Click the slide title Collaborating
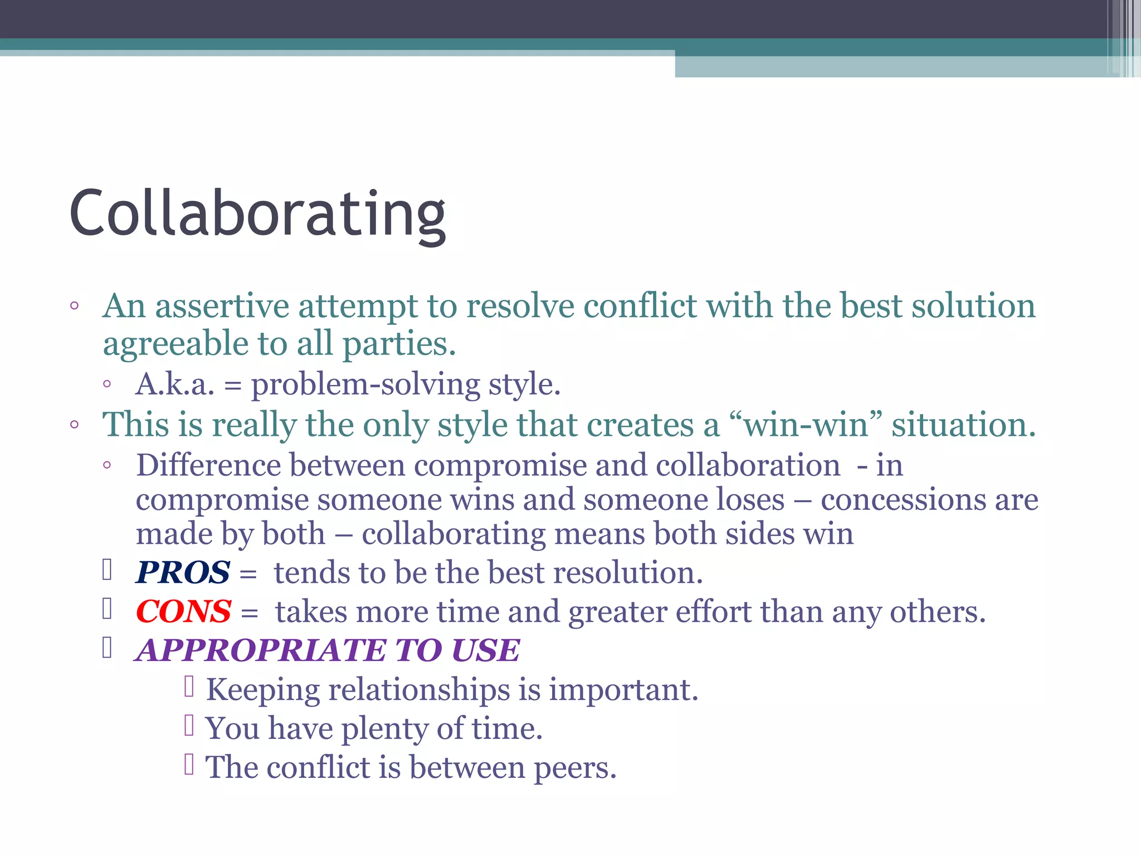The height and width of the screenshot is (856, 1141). (x=257, y=214)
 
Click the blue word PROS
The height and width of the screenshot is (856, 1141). (x=183, y=572)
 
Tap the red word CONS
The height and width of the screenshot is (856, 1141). (x=184, y=611)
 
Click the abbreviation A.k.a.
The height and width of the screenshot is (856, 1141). (x=175, y=384)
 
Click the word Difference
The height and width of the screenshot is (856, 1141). (x=208, y=465)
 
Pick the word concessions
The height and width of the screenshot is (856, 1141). (x=903, y=499)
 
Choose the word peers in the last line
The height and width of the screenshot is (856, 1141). (x=574, y=767)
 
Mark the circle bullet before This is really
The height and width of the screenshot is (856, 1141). (x=75, y=425)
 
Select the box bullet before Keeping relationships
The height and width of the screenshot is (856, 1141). (x=189, y=687)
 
